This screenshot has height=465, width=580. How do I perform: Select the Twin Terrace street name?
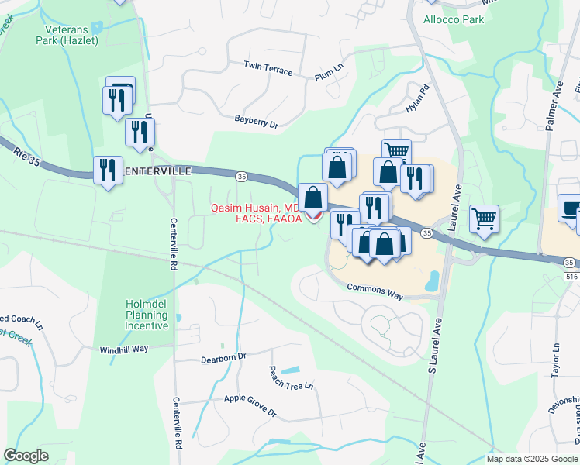[268, 68]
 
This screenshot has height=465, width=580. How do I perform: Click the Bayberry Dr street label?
[256, 121]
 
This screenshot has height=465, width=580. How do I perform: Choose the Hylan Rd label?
[417, 100]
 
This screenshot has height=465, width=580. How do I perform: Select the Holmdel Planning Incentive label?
[147, 315]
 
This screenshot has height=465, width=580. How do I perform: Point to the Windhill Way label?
[124, 349]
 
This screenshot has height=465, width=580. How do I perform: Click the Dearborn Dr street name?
[223, 356]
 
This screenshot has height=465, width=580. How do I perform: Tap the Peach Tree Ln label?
[291, 377]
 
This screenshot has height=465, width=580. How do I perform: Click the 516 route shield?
[571, 275]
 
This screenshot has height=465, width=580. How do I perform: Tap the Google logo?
[26, 456]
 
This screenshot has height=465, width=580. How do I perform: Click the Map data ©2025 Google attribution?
[531, 458]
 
